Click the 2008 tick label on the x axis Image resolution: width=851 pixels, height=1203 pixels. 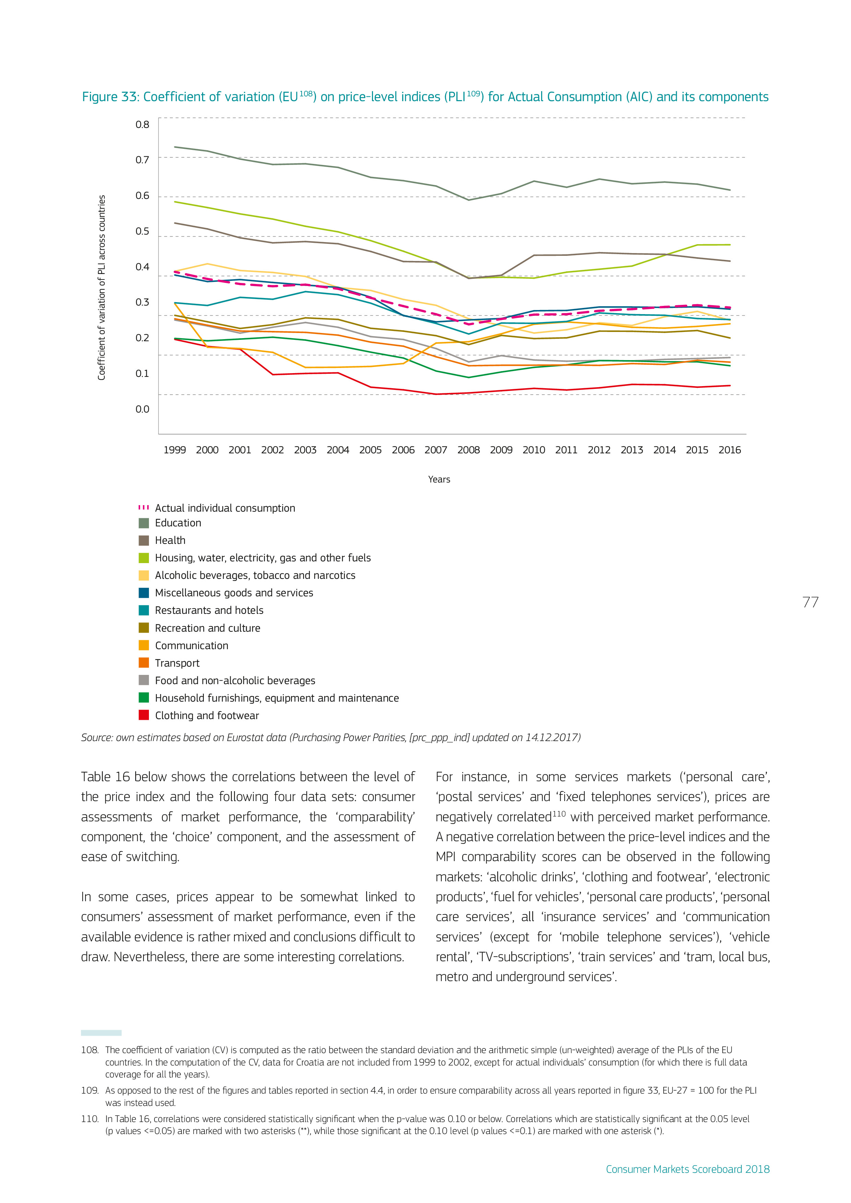click(x=468, y=450)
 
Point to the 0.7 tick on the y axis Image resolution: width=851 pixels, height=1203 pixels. click(x=142, y=160)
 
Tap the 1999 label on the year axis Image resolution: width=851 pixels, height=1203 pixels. click(x=175, y=450)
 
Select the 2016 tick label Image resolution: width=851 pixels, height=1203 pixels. click(x=729, y=450)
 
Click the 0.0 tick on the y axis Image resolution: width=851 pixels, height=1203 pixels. click(x=142, y=409)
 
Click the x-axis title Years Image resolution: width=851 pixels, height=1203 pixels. click(x=439, y=479)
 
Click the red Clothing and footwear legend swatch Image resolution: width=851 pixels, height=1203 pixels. click(x=144, y=715)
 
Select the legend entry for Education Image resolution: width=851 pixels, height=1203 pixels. click(x=178, y=523)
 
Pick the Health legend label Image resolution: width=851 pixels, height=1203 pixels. click(x=170, y=540)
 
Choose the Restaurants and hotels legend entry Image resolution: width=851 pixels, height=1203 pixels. click(x=209, y=610)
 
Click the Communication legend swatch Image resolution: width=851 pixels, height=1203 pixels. click(x=144, y=645)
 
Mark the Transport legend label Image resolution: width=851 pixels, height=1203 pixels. click(x=177, y=663)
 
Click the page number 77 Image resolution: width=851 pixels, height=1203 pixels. click(x=810, y=603)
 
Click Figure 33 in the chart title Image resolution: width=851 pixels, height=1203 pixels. click(x=109, y=97)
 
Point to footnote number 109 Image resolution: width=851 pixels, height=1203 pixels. click(x=90, y=1091)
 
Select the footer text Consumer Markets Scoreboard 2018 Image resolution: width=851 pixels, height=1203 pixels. click(x=687, y=1169)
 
